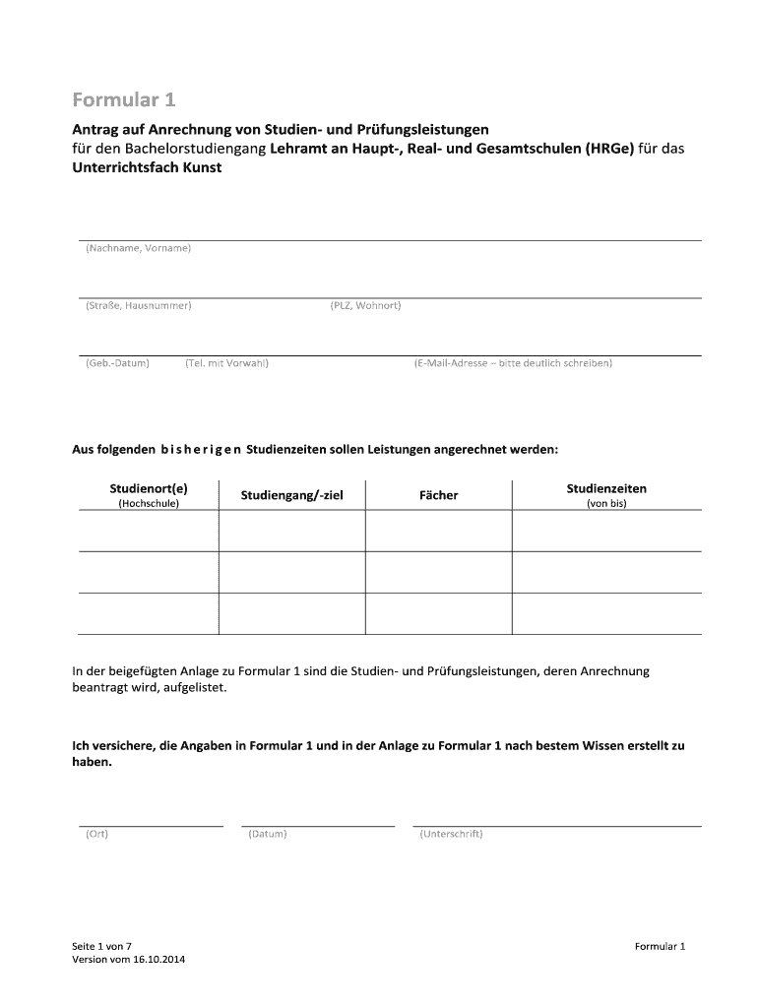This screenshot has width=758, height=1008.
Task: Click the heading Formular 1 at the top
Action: (x=124, y=100)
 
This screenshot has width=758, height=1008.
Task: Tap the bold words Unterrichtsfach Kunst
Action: (x=147, y=167)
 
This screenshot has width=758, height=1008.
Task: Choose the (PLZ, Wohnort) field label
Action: (x=365, y=305)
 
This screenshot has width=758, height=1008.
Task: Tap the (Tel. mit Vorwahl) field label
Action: (x=226, y=363)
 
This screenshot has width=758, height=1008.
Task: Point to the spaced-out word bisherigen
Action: (x=193, y=449)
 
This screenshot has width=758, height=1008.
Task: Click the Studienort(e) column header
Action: (x=148, y=488)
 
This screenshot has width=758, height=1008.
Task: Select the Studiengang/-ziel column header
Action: (x=291, y=495)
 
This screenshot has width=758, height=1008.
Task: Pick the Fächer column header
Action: (x=438, y=495)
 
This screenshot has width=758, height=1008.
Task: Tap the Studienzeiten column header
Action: (x=606, y=488)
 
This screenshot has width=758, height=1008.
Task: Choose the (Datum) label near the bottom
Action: (x=268, y=835)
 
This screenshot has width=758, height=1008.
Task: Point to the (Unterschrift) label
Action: (x=450, y=835)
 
